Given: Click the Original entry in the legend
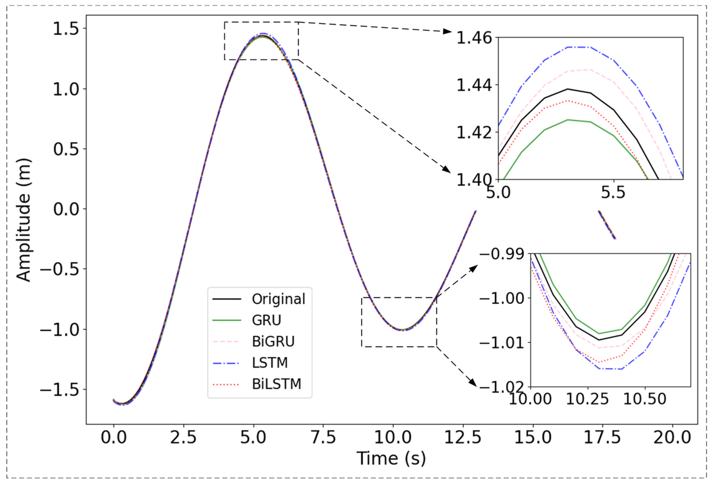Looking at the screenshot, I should [x=278, y=299].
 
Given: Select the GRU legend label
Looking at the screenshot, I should [x=266, y=320].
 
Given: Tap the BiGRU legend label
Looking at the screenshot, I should [x=273, y=341].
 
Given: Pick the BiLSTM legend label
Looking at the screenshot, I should [x=276, y=384].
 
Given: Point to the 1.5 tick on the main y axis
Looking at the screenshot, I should [x=66, y=29].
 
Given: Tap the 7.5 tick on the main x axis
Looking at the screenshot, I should [x=323, y=437].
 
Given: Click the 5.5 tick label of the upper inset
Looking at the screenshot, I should [x=613, y=192].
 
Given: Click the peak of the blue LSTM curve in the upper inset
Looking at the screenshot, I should [x=579, y=47].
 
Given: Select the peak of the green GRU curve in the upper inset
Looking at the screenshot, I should [x=568, y=120].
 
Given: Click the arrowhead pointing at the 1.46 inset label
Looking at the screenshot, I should [x=448, y=31].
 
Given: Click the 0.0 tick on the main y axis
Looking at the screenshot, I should [x=66, y=210].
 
